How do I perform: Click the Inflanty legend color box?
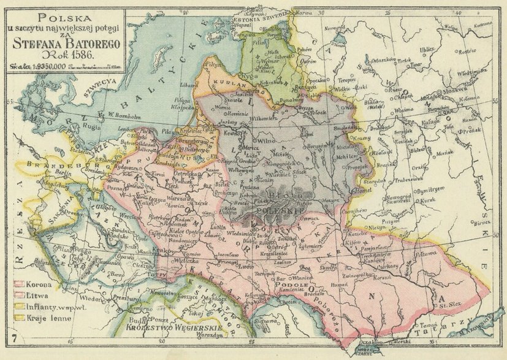pos(19,307)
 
